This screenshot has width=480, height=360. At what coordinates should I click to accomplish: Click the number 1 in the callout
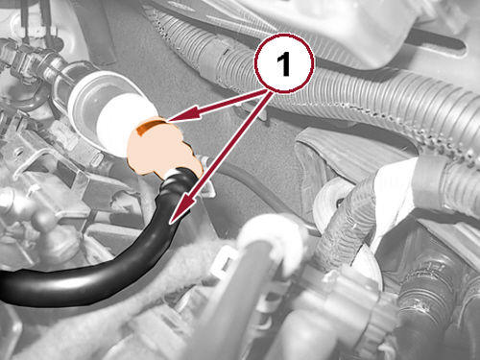click(x=284, y=64)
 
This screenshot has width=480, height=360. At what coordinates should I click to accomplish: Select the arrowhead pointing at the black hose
click(x=181, y=210)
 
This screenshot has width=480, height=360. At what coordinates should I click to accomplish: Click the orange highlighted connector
click(x=163, y=148)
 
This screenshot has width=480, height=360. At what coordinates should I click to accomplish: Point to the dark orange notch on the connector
click(x=148, y=126)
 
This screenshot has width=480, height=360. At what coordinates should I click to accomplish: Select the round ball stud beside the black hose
click(x=44, y=220)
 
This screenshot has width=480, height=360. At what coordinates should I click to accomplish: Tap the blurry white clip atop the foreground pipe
click(x=272, y=238)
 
